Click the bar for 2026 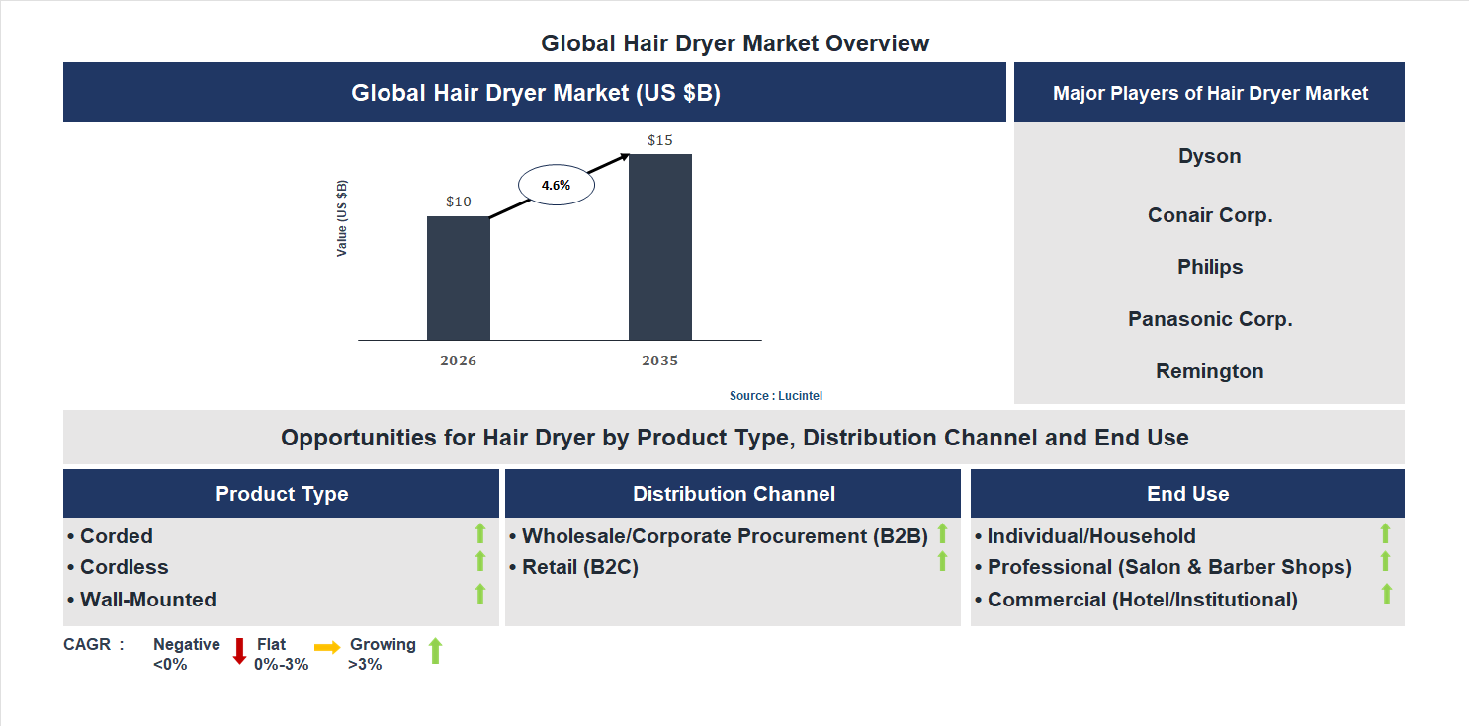pos(458,278)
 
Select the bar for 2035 pos(659,247)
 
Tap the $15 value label pos(659,140)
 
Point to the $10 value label pos(458,202)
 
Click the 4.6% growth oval pos(557,185)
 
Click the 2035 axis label pos(659,361)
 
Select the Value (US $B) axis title pos(342,218)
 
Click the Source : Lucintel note pos(775,395)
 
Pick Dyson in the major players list pos(1209,156)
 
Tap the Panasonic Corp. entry pos(1209,319)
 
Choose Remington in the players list pos(1209,371)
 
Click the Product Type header pos(282,494)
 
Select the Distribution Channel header pos(734,494)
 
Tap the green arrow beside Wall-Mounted pos(480,593)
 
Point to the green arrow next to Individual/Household pos(1385,533)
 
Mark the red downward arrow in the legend pos(239,651)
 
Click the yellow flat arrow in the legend pos(327,648)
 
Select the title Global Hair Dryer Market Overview pos(734,43)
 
